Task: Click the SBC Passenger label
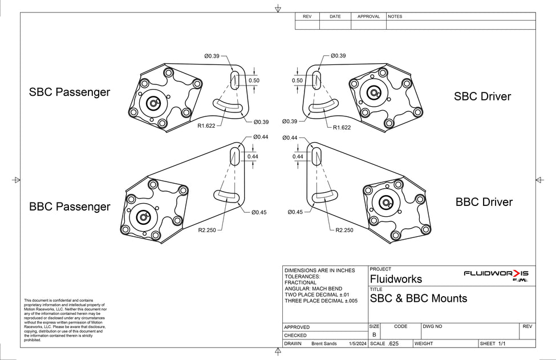pos(70,92)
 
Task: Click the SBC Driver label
pos(482,96)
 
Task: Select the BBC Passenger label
pos(70,207)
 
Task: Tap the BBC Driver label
pos(484,202)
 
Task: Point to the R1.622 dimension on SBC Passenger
pos(206,126)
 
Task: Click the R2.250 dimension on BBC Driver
pos(344,230)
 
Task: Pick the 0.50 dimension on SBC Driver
pos(297,80)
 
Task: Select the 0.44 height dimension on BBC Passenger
pos(253,156)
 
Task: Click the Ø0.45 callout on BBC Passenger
pos(259,212)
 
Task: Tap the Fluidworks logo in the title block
pos(496,275)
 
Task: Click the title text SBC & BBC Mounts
pos(418,298)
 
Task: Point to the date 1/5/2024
pos(356,344)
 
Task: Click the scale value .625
pos(393,344)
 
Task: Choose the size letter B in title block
pos(374,335)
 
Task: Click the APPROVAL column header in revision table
pos(368,17)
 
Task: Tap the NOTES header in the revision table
pos(395,17)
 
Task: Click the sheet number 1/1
pos(502,344)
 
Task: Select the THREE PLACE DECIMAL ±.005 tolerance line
pos(321,301)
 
